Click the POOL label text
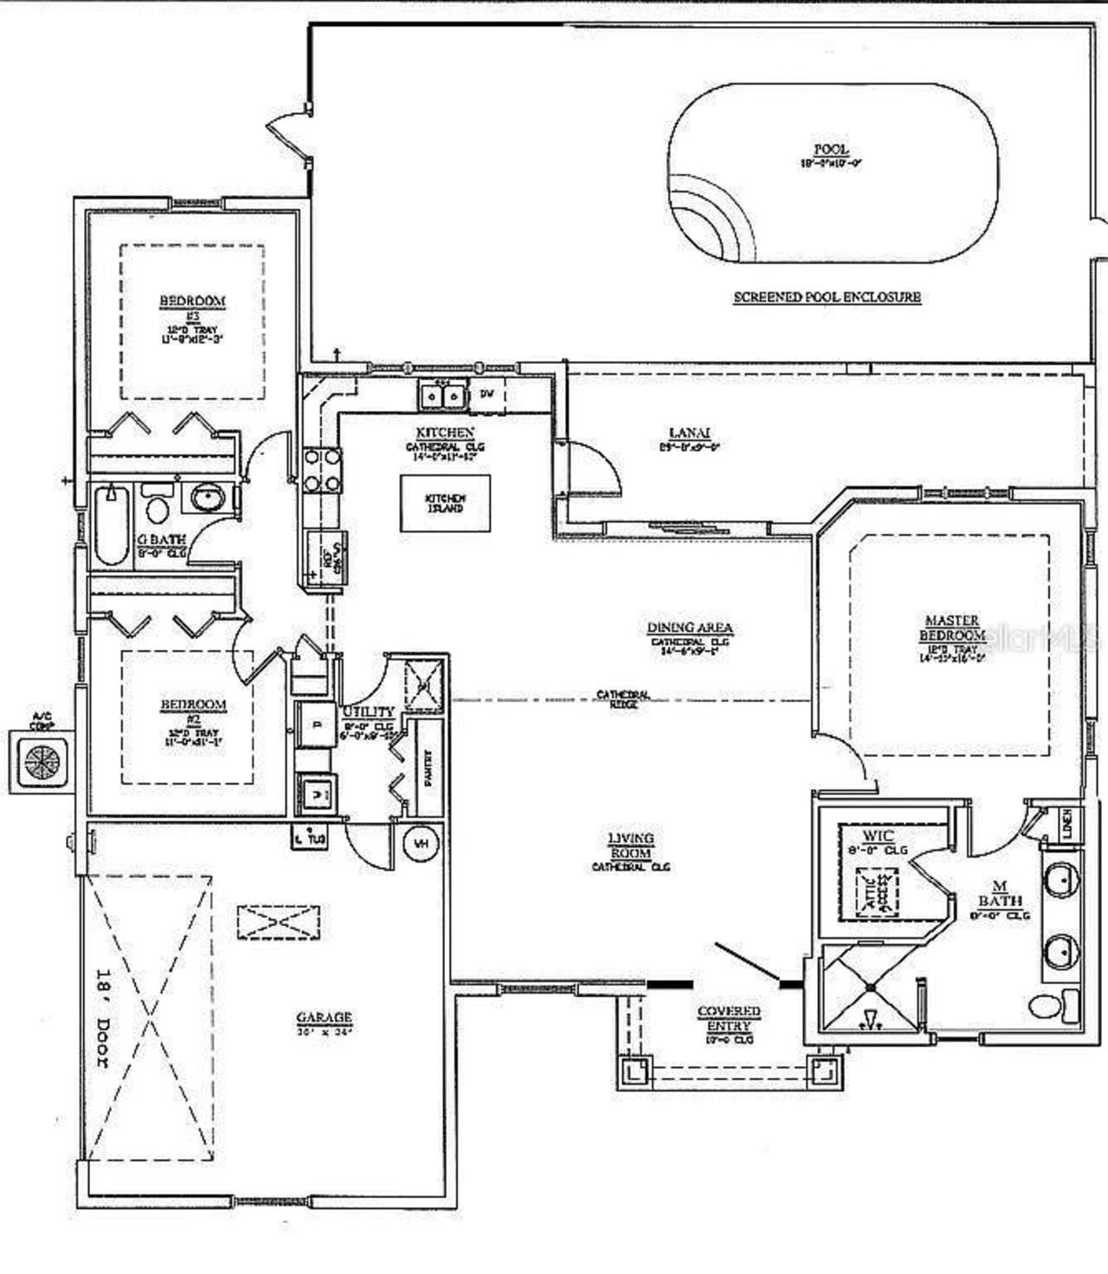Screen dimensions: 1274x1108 point(830,150)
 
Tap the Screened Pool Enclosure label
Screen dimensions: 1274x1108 point(827,297)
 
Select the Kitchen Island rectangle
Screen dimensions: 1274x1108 point(445,503)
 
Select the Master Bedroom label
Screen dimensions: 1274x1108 point(952,627)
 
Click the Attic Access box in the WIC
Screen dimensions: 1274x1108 point(877,891)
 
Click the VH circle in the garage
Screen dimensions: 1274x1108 point(422,842)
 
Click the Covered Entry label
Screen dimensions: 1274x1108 point(729,1018)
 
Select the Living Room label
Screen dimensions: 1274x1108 point(630,846)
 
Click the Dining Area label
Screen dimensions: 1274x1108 point(690,627)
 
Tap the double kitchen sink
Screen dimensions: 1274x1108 point(442,396)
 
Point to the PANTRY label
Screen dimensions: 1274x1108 point(428,767)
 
